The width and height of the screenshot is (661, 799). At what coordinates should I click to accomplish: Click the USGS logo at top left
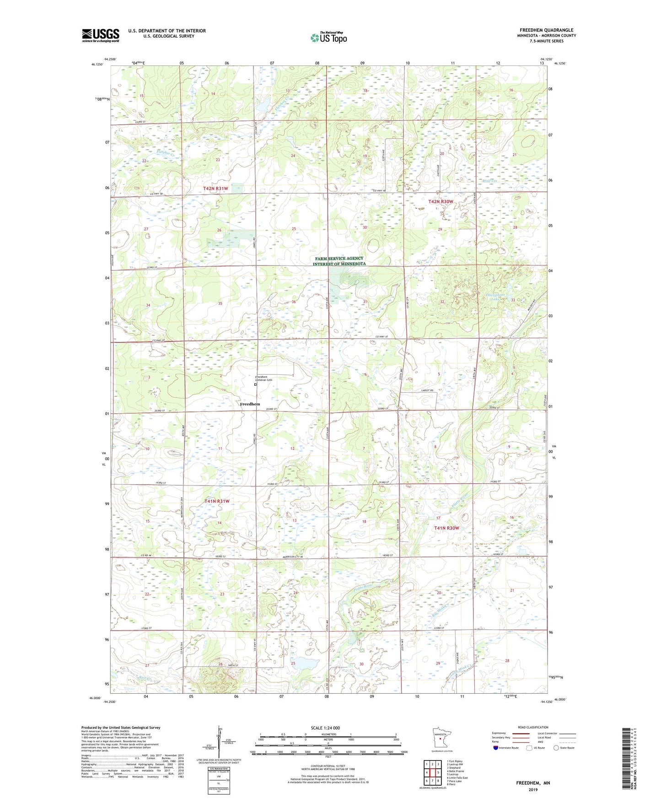coord(101,35)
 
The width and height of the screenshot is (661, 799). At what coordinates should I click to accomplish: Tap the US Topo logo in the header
coord(328,38)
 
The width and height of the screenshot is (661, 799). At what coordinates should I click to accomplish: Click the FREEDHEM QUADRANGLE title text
coord(546,30)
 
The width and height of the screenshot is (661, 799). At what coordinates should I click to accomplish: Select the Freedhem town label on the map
coord(250,404)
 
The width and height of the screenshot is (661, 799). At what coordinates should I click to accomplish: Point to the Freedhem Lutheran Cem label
coord(263,378)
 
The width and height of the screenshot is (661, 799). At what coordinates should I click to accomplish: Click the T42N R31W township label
coord(215,189)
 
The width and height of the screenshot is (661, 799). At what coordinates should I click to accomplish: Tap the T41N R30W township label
coord(446,528)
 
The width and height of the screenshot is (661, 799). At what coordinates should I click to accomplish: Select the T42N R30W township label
coord(441,201)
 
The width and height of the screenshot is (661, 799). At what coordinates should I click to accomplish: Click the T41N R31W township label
coord(217,501)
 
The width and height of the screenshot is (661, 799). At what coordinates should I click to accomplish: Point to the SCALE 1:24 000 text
coord(325,728)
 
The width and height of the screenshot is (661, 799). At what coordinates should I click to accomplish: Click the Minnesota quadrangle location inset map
coord(439,738)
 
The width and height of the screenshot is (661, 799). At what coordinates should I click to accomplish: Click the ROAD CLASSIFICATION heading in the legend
coord(533,727)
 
